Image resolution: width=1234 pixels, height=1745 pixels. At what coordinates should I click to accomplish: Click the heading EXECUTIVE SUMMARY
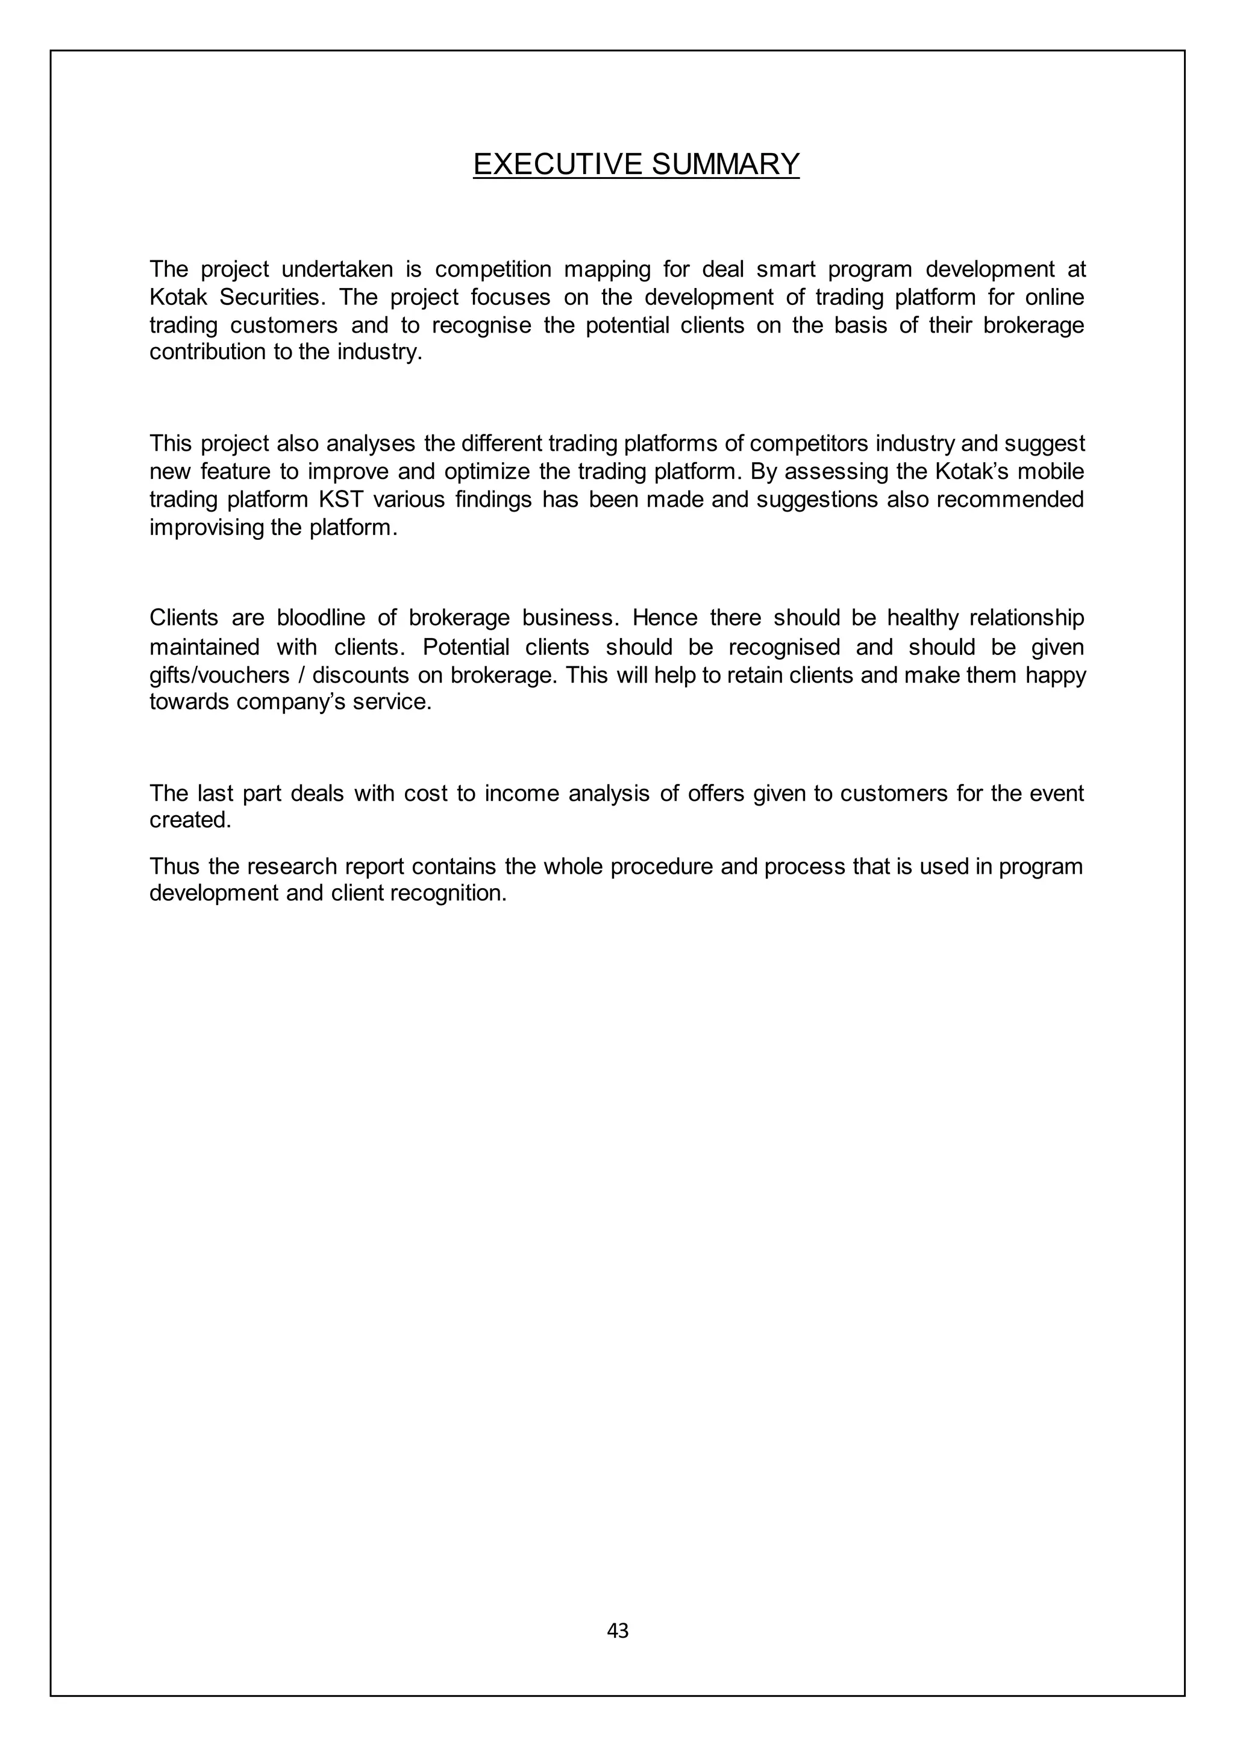click(636, 164)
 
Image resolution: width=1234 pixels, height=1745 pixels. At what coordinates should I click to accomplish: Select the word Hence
click(664, 618)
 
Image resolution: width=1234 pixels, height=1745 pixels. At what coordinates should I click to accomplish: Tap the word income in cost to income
click(520, 794)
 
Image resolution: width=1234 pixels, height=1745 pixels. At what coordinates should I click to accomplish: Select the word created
click(190, 820)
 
